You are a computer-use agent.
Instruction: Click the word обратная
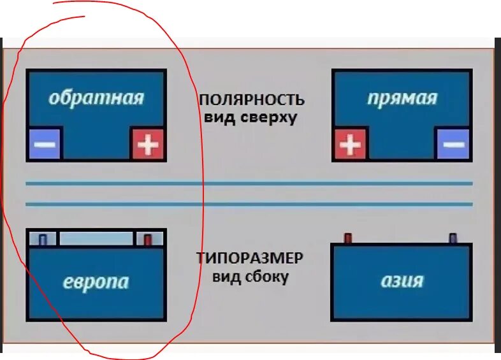(x=96, y=98)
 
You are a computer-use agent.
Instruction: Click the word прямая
(x=402, y=98)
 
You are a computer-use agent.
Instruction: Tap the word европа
(x=96, y=282)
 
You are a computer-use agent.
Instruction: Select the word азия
(x=402, y=280)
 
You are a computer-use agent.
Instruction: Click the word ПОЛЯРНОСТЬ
(x=251, y=101)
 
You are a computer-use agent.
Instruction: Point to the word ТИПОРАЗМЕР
(x=250, y=259)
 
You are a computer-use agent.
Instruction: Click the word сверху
(x=268, y=118)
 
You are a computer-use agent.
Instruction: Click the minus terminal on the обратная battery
(x=45, y=143)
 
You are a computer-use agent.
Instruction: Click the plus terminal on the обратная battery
(x=148, y=143)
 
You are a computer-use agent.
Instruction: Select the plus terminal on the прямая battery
(x=350, y=144)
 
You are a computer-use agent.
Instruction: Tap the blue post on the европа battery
(x=43, y=240)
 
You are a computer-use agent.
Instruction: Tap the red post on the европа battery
(x=148, y=240)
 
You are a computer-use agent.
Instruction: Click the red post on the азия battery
(x=348, y=238)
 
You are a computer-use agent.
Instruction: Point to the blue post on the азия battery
(x=453, y=238)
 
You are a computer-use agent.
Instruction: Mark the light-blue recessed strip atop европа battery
(x=96, y=239)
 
